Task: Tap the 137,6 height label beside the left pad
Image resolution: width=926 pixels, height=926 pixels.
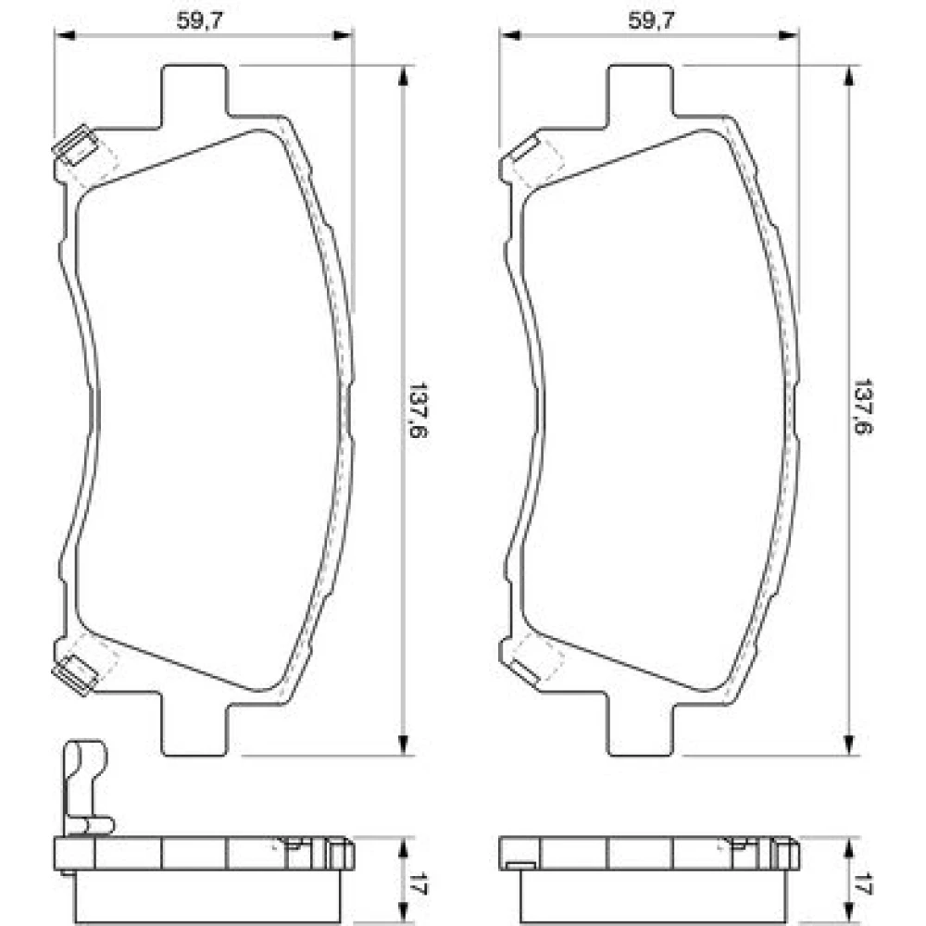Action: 419,409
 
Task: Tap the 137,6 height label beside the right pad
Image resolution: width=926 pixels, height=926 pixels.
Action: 864,407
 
